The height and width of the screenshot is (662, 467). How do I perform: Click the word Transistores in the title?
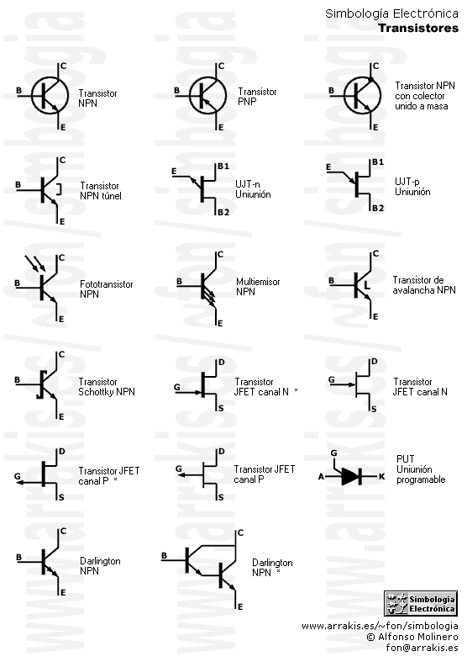pyautogui.click(x=418, y=28)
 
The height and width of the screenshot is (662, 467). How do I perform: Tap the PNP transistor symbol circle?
pyautogui.click(x=190, y=96)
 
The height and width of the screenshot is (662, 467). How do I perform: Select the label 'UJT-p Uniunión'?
pyautogui.click(x=412, y=187)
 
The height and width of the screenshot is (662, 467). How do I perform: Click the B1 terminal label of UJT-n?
pyautogui.click(x=223, y=166)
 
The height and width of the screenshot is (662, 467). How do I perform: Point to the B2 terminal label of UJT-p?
pyautogui.click(x=378, y=208)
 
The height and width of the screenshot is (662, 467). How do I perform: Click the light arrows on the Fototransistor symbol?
pyautogui.click(x=35, y=263)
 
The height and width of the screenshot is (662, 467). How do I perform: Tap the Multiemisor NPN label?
pyautogui.click(x=258, y=287)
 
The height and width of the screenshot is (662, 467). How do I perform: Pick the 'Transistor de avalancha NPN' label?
pyautogui.click(x=424, y=285)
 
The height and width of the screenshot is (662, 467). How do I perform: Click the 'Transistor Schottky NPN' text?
pyautogui.click(x=107, y=387)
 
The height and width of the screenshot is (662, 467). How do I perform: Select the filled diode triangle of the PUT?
pyautogui.click(x=349, y=477)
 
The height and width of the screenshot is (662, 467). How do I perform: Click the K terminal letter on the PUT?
pyautogui.click(x=382, y=477)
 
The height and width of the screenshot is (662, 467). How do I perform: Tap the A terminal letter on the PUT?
pyautogui.click(x=321, y=477)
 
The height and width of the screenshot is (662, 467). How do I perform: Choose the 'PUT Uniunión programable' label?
pyautogui.click(x=421, y=469)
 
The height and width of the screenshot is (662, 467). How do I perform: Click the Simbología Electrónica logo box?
pyautogui.click(x=421, y=603)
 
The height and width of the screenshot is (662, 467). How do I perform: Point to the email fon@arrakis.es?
pyautogui.click(x=422, y=648)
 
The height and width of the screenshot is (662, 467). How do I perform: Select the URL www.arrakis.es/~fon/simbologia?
pyautogui.click(x=380, y=626)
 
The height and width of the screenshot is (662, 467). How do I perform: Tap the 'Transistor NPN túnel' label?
pyautogui.click(x=101, y=191)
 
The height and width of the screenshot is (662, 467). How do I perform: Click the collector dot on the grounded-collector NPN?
pyautogui.click(x=371, y=79)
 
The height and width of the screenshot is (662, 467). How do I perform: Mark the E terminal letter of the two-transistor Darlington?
pyautogui.click(x=240, y=607)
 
